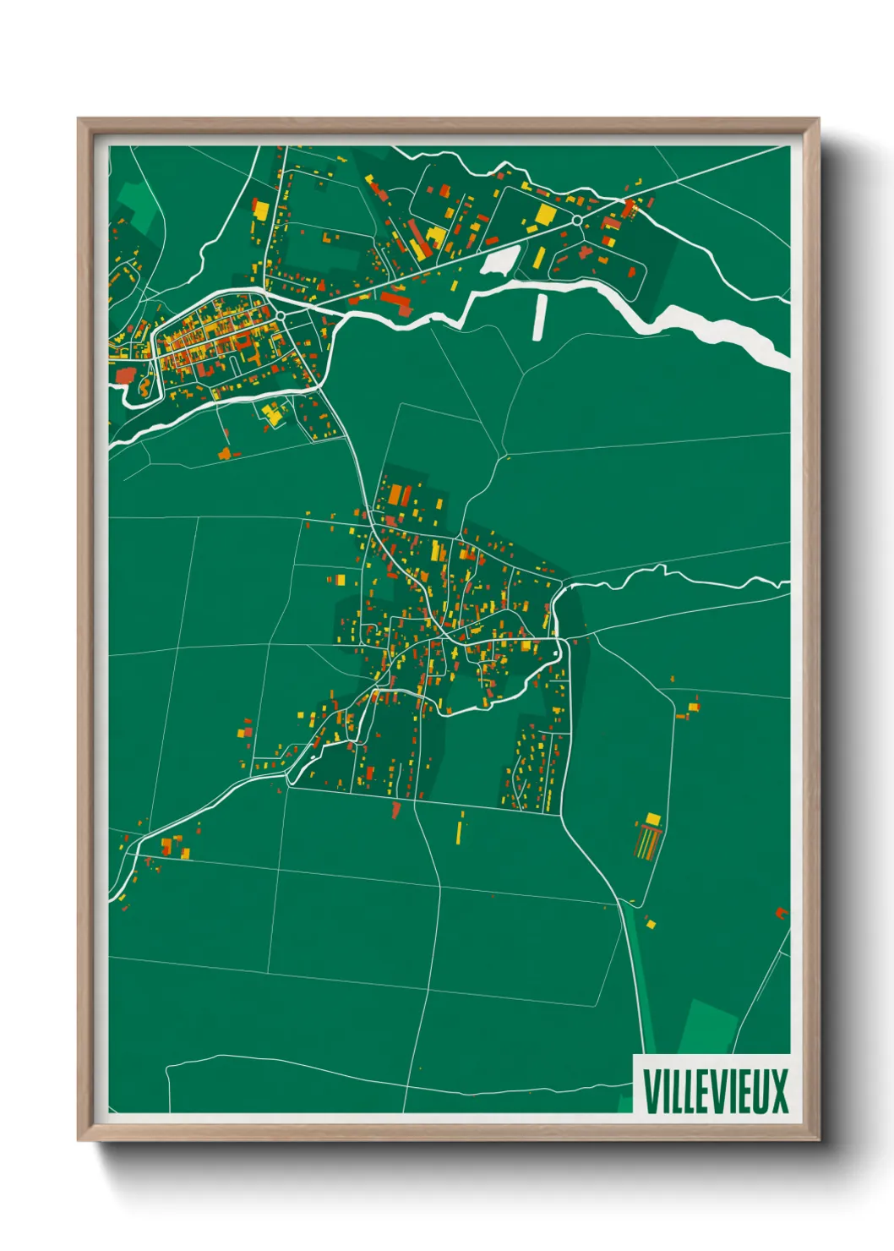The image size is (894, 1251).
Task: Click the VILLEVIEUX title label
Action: (x=715, y=1090)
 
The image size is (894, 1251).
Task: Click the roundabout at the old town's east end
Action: (x=280, y=315)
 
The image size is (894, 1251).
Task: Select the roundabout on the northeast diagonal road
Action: (x=576, y=220)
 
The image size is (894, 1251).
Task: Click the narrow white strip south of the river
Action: (x=541, y=316)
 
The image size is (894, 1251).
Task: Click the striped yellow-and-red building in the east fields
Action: (x=647, y=840)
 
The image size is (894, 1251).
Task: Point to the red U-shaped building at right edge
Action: (x=782, y=913)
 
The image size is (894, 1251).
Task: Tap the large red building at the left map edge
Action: (x=125, y=375)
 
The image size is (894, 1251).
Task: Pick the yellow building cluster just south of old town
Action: (x=272, y=414)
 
